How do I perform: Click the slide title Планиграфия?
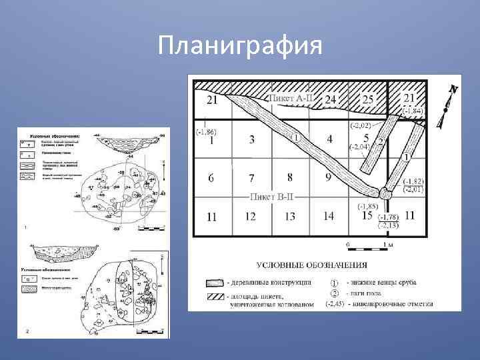pyautogui.click(x=240, y=45)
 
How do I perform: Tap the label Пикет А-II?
pyautogui.click(x=292, y=97)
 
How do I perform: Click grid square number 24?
pyautogui.click(x=331, y=100)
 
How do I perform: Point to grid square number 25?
pyautogui.click(x=367, y=99)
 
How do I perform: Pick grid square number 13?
pyautogui.click(x=289, y=216)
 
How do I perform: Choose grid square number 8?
pyautogui.click(x=289, y=177)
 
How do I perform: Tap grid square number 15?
pyautogui.click(x=367, y=215)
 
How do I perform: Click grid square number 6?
pyautogui.click(x=211, y=178)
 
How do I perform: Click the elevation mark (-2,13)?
pyautogui.click(x=389, y=225)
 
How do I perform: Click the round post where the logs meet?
pyautogui.click(x=386, y=193)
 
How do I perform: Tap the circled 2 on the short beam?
pyautogui.click(x=380, y=141)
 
